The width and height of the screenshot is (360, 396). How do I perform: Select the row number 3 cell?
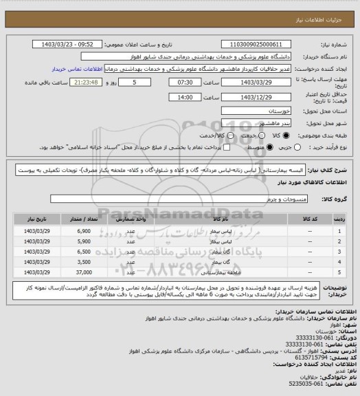(339, 251)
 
